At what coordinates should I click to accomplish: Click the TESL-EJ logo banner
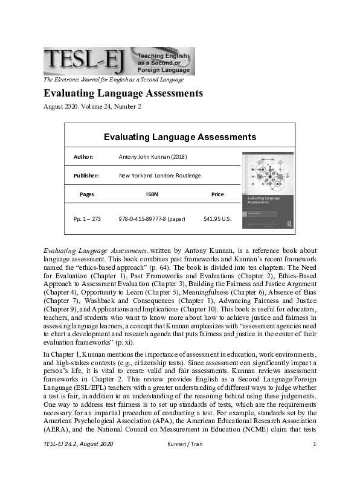pyautogui.click(x=119, y=61)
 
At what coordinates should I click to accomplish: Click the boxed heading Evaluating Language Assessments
pyautogui.click(x=180, y=137)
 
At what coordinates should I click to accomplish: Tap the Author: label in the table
pyautogui.click(x=83, y=157)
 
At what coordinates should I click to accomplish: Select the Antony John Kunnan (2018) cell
pyautogui.click(x=153, y=157)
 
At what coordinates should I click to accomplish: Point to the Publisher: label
pyautogui.click(x=86, y=176)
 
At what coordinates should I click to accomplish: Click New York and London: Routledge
pyautogui.click(x=159, y=176)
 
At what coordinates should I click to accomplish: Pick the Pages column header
pyautogui.click(x=86, y=194)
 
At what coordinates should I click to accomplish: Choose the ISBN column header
pyautogui.click(x=152, y=194)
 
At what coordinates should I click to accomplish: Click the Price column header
pyautogui.click(x=217, y=194)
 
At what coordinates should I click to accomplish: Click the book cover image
pyautogui.click(x=268, y=191)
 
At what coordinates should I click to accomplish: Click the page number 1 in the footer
pyautogui.click(x=315, y=462)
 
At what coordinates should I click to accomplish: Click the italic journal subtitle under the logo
pyautogui.click(x=113, y=80)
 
